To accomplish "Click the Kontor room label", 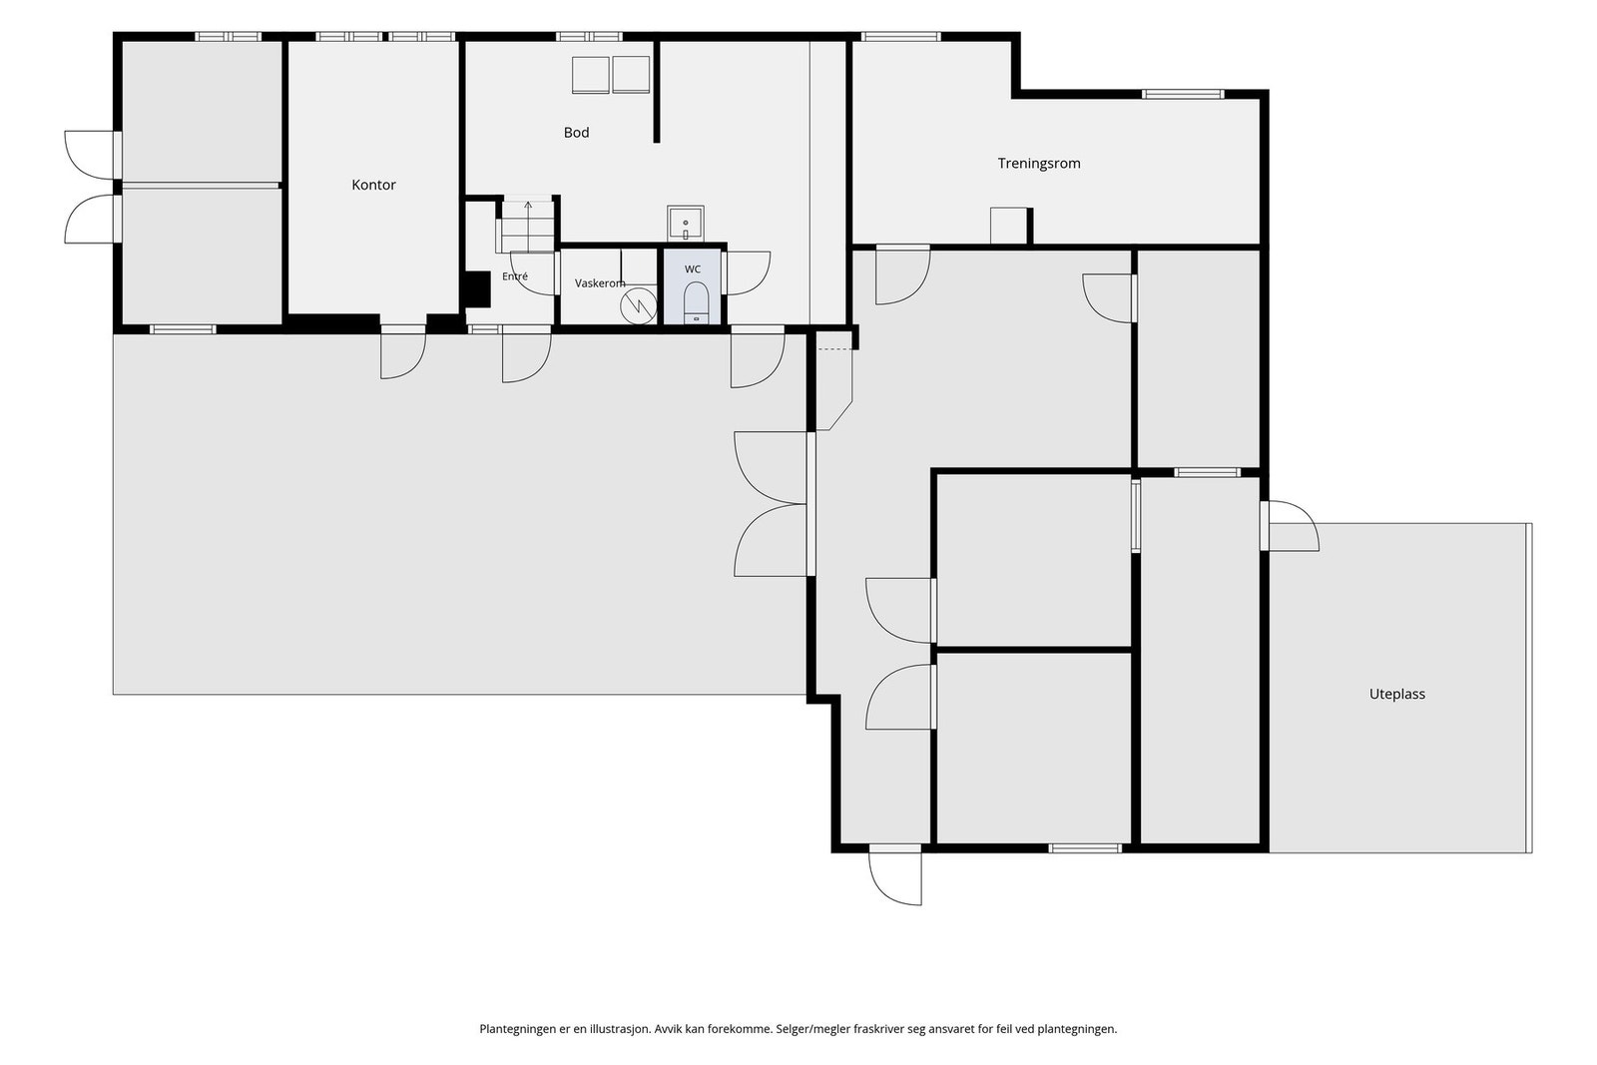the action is coord(373,186).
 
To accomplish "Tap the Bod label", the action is coord(576,133).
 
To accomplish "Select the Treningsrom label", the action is coord(1039,164).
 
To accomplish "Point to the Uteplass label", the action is coord(1396,695).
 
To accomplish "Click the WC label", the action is coord(693,269).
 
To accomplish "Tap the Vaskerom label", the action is coord(600,283).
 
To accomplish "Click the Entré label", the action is coord(515,276).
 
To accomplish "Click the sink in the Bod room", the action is coord(685,224).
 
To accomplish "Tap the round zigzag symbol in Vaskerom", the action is coord(638,305).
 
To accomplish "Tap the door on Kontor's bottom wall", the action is coord(403,352).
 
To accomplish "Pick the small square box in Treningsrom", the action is coord(1008,226).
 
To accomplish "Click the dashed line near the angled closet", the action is coord(834,349).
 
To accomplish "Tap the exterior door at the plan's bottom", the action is coord(894,875).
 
